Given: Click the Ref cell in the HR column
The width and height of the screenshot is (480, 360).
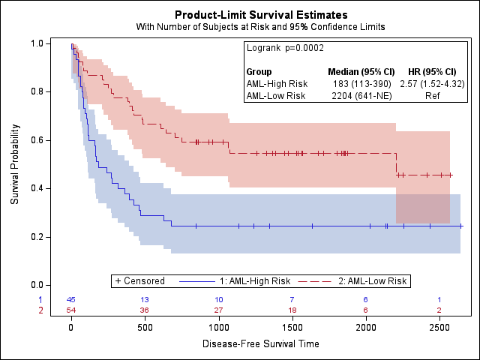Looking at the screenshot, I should coord(432,95).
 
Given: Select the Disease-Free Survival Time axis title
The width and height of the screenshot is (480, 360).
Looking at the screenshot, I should coord(260,343).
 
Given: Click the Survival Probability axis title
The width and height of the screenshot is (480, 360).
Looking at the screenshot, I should coord(15,164).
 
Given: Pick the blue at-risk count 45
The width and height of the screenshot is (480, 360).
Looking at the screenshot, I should coord(71,300).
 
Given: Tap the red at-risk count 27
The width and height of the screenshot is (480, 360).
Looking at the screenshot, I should coord(218,310).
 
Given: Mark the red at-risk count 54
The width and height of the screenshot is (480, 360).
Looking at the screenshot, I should coord(71,310).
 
